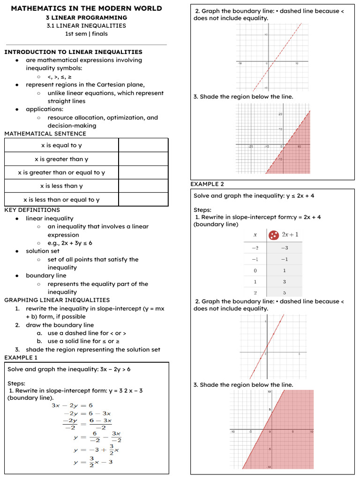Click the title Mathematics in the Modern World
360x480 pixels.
[x=86, y=8]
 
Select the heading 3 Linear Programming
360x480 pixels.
[x=86, y=17]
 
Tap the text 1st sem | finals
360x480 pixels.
[x=86, y=34]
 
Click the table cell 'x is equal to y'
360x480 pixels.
[x=61, y=145]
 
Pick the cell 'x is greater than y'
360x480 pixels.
[x=61, y=159]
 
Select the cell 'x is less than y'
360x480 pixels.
[x=61, y=186]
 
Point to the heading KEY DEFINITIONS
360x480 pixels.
[x=32, y=210]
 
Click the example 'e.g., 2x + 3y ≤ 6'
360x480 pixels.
[x=70, y=243]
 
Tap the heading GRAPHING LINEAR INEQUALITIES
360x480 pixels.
[x=57, y=300]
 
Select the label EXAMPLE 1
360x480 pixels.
[x=21, y=358]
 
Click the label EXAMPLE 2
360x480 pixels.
[x=207, y=184]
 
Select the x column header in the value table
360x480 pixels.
[x=255, y=235]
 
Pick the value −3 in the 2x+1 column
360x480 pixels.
[x=284, y=248]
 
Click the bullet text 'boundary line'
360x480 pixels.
[x=46, y=276]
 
